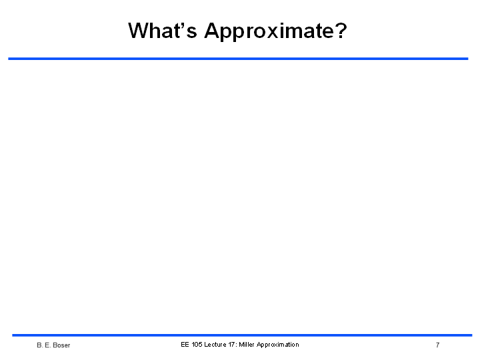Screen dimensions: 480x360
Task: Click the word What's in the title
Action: (x=162, y=30)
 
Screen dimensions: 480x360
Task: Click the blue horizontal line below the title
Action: (x=238, y=59)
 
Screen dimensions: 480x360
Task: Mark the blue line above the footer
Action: (x=242, y=335)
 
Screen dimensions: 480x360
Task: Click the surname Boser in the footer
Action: (x=61, y=345)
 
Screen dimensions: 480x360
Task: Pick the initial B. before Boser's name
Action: (x=39, y=345)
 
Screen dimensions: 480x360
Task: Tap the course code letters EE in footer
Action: (x=185, y=345)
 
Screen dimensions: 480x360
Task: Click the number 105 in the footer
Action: (x=197, y=345)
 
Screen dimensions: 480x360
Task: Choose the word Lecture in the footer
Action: (x=215, y=345)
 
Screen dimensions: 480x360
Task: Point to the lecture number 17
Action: (x=231, y=345)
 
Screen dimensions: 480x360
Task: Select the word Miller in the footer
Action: (x=247, y=345)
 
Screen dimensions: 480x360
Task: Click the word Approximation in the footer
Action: (x=277, y=345)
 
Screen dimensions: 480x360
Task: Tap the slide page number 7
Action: (x=438, y=345)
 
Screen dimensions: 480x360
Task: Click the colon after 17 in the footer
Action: (x=236, y=345)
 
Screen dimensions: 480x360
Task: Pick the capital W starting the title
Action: (x=139, y=30)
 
